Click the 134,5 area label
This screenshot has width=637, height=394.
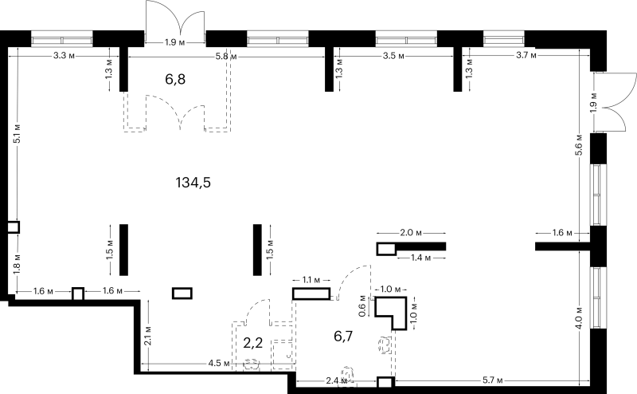click(x=193, y=183)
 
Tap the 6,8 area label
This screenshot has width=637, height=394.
click(x=175, y=79)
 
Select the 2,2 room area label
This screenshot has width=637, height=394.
click(x=252, y=343)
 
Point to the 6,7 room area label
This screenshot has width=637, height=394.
click(x=343, y=337)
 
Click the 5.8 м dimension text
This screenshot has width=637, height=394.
click(x=226, y=57)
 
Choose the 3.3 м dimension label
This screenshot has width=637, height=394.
click(x=64, y=55)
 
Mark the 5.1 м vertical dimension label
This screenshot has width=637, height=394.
click(x=17, y=133)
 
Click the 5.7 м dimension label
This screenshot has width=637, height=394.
click(x=493, y=380)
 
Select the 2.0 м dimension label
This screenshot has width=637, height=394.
click(x=411, y=233)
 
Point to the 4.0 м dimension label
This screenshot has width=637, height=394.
click(x=579, y=317)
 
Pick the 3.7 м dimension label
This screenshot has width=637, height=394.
click(x=526, y=55)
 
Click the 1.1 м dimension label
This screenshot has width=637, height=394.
click(x=311, y=280)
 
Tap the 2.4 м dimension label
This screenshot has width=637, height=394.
click(x=337, y=381)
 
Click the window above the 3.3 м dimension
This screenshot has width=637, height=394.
click(x=62, y=40)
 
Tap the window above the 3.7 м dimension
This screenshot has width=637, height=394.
click(x=504, y=39)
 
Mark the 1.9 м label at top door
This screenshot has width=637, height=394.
click(x=175, y=42)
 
